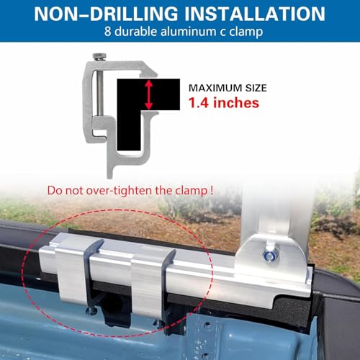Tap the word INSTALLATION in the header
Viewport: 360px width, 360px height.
[255, 14]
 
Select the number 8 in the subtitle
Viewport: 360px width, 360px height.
[107, 32]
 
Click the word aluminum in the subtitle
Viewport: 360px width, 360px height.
[188, 32]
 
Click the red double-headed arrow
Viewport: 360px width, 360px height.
[149, 95]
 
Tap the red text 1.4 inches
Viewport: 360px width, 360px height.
[224, 103]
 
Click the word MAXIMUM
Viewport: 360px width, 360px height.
[215, 88]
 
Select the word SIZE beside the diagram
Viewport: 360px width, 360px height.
[256, 88]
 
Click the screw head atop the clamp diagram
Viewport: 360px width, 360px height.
[99, 56]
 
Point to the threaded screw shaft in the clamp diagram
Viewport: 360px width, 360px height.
[100, 92]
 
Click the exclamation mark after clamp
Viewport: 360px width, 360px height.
[211, 190]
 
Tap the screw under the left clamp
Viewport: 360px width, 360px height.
[91, 311]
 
